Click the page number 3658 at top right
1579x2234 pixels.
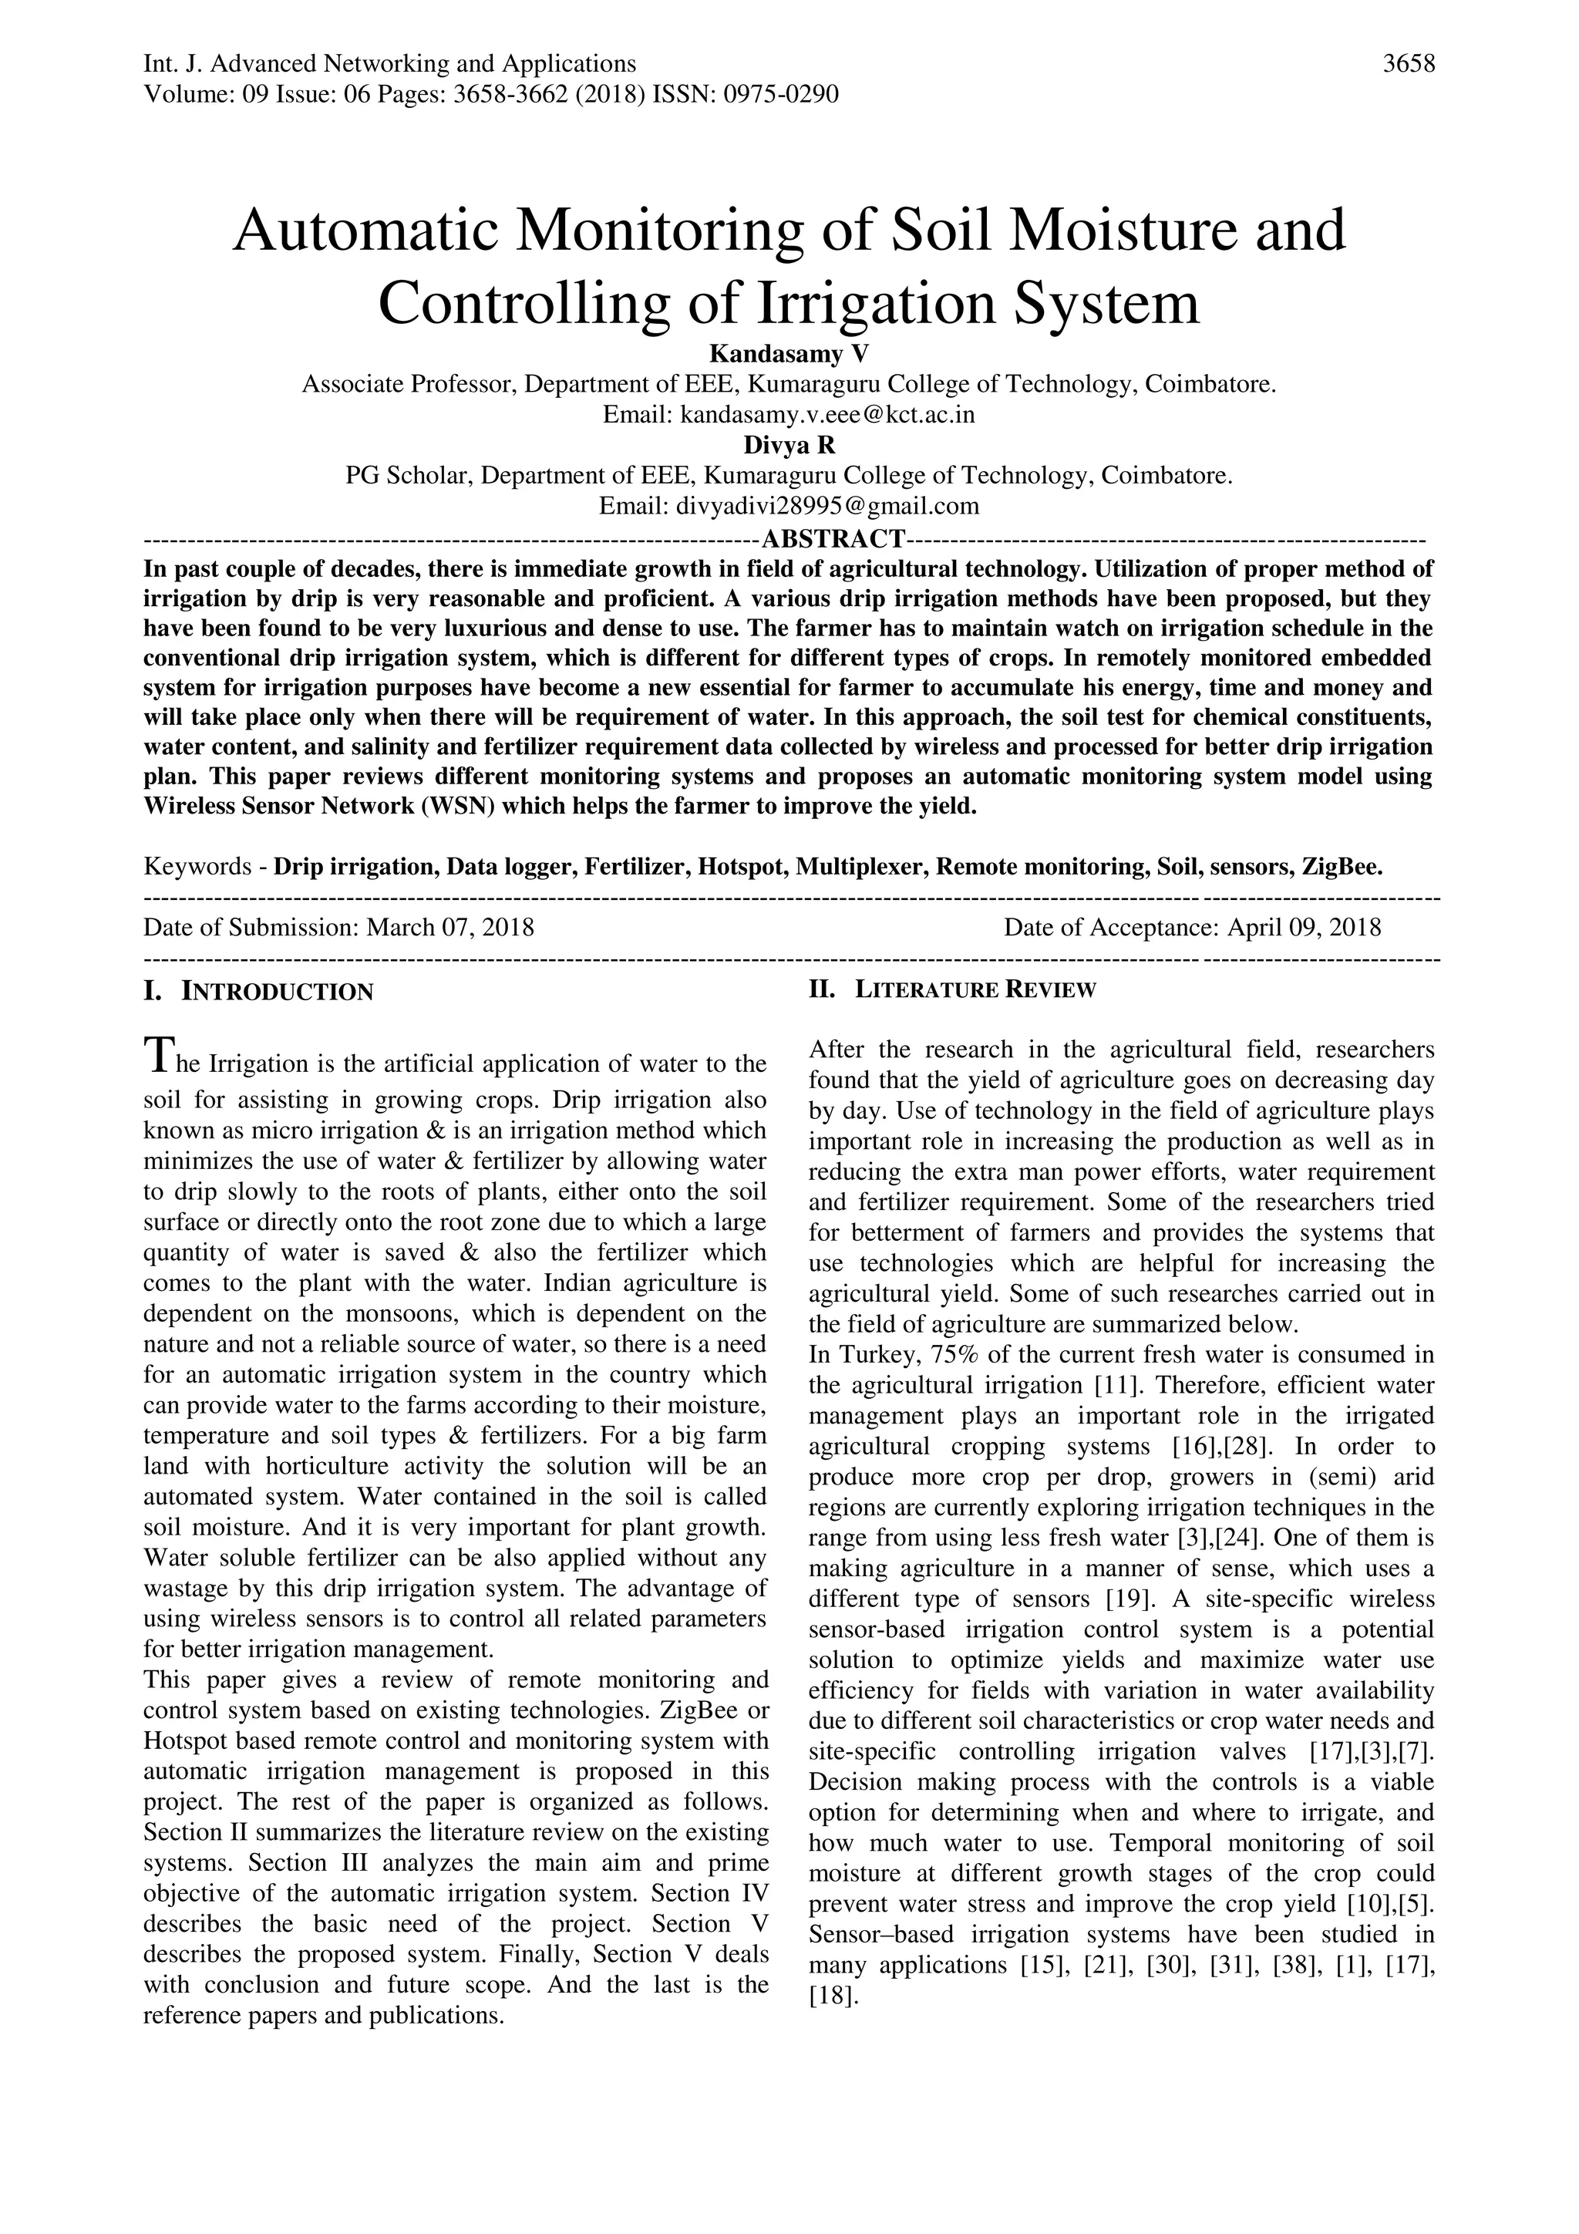[x=1409, y=64]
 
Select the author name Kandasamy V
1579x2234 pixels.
[x=789, y=352]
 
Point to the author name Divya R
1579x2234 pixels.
[x=789, y=445]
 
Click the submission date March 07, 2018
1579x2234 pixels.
[x=449, y=926]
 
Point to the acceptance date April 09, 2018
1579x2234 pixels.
[x=1304, y=926]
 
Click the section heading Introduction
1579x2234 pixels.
[x=278, y=992]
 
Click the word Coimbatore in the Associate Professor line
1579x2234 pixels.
[x=1208, y=383]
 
